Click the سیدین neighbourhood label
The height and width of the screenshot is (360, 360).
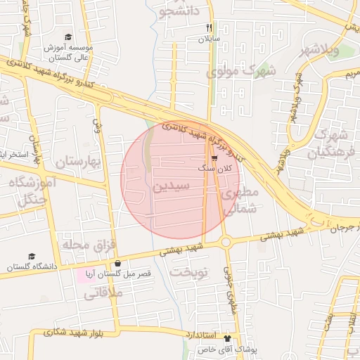[171, 187]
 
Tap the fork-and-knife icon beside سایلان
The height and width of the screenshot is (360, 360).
[209, 27]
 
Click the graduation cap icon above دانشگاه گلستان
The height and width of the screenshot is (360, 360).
[32, 257]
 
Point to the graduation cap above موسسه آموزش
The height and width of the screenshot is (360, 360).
[67, 37]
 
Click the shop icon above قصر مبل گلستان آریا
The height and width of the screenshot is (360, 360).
[117, 264]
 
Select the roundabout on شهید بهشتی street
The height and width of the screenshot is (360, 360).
[226, 243]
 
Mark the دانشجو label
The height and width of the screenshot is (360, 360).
[181, 11]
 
